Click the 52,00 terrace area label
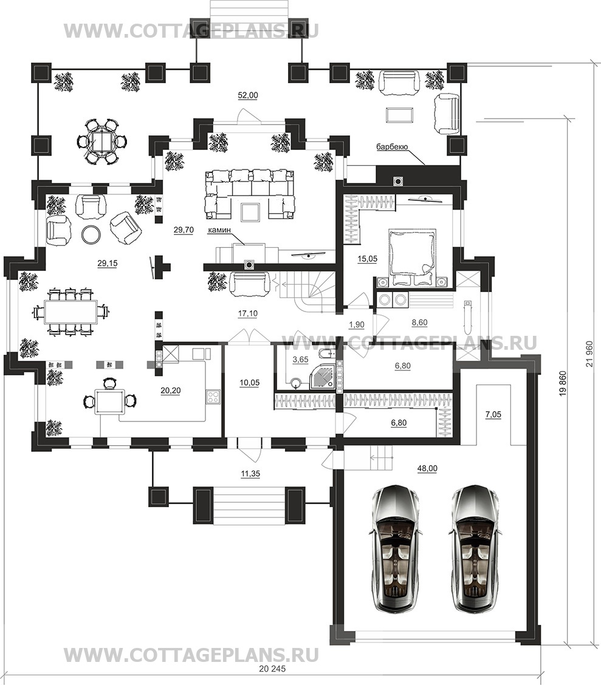coord(248,95)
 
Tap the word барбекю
coord(392,147)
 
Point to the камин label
coord(219,230)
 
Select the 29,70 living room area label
coord(184,230)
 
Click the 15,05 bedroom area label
coord(367,259)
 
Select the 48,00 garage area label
coord(427,468)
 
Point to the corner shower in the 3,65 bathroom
coord(323,376)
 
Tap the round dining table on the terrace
coord(102,141)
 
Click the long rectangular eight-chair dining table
coord(70,312)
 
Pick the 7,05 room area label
coord(493,414)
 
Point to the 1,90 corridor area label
coord(357,324)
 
